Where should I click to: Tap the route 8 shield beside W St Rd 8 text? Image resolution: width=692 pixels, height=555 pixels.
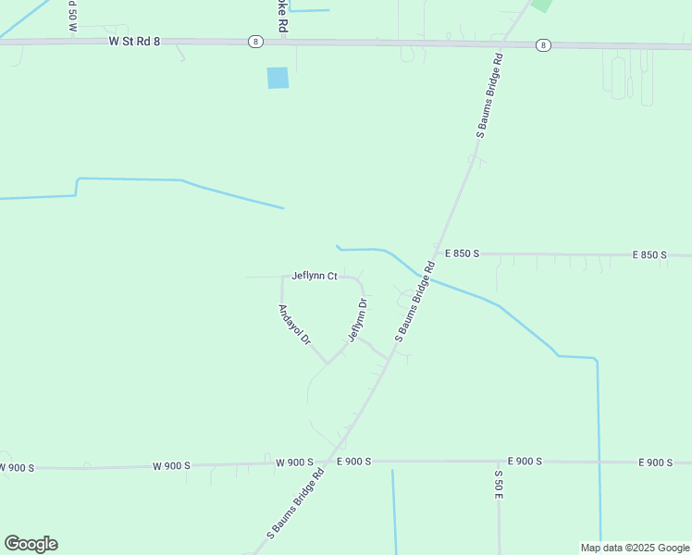255,42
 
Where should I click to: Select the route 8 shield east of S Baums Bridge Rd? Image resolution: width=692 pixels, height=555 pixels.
543,44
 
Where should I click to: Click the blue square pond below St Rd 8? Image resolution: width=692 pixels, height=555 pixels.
278,78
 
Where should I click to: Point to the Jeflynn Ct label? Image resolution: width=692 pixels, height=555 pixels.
314,276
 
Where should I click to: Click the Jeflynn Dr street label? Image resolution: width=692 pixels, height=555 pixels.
358,319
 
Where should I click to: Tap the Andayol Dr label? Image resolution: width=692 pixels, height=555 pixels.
294,326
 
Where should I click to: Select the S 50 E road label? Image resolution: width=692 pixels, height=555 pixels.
498,486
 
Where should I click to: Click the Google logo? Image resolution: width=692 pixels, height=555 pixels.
31,544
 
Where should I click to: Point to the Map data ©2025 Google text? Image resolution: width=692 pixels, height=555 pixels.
635,548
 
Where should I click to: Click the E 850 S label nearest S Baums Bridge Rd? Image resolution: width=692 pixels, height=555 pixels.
465,253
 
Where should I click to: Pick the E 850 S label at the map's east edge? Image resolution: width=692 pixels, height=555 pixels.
650,254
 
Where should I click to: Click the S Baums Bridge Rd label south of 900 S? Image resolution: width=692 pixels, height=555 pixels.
295,503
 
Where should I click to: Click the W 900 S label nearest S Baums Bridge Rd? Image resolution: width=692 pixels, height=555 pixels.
295,462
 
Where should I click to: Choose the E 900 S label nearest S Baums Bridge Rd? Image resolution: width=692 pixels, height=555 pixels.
353,462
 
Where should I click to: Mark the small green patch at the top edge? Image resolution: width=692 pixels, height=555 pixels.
541,5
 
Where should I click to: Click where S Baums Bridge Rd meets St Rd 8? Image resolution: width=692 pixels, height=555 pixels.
500,43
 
